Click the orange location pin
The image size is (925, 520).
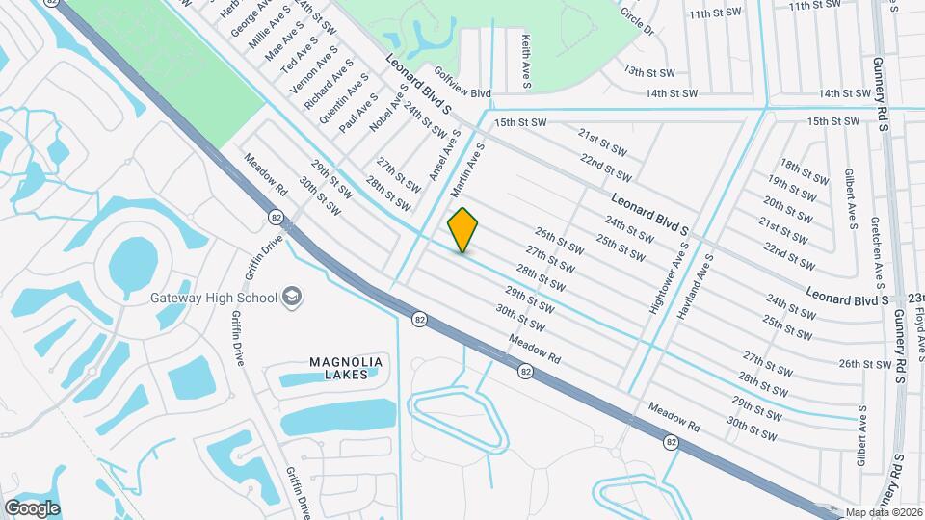tap(463, 229)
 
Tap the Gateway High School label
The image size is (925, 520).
tap(213, 298)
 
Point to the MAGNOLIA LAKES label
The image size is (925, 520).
tap(346, 368)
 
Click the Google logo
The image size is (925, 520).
tap(31, 507)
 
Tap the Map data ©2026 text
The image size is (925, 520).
tap(884, 512)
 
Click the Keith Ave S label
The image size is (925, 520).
tap(527, 63)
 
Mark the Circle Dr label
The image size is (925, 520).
tap(637, 23)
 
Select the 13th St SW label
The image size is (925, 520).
tap(647, 71)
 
